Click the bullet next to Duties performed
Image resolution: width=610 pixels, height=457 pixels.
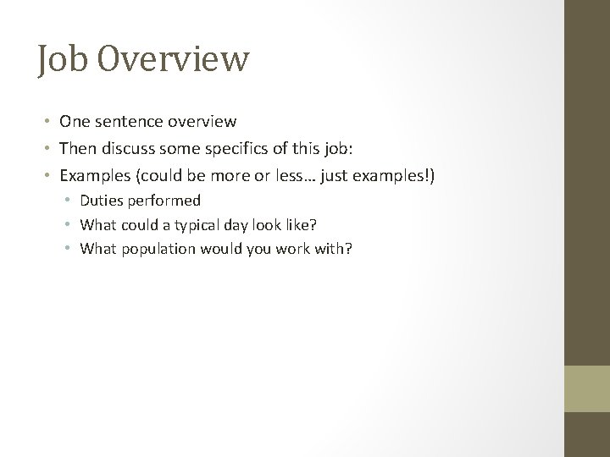tap(69, 201)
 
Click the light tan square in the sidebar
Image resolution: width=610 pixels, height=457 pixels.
tap(587, 388)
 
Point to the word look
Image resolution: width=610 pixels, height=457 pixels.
tap(266, 224)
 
